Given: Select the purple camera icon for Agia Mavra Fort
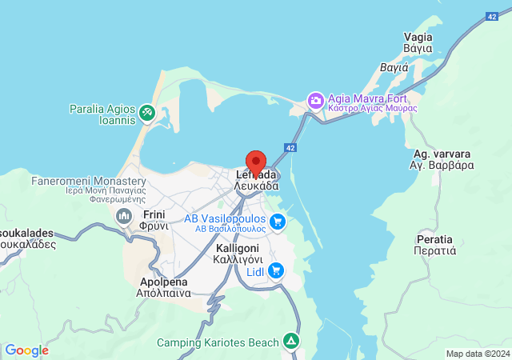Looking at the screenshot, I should point(316,101).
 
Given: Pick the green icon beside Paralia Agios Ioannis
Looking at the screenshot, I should point(147,114).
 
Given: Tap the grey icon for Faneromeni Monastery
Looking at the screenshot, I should point(124,216).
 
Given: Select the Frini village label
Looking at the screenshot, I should point(154,221).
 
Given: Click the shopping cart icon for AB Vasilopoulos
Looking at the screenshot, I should point(278,222).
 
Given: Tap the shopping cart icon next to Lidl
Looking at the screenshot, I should point(276,271).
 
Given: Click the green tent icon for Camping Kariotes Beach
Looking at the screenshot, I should point(294,342).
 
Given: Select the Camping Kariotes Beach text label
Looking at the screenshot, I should point(218,342).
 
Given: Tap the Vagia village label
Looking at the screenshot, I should point(418,42).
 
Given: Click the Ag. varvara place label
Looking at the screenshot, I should point(442,159).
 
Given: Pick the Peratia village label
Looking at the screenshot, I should point(435,245).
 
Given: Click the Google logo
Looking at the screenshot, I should point(26,350).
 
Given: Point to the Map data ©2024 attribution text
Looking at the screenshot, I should point(477,354).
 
